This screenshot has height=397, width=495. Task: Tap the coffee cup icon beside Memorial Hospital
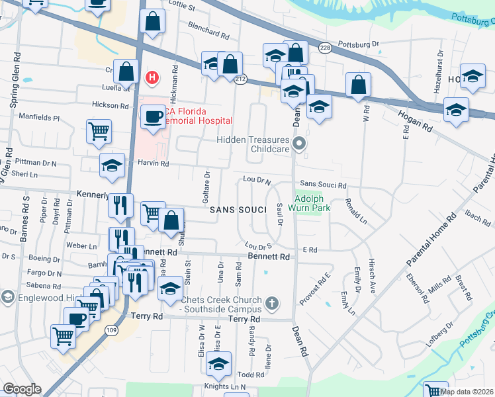[x=154, y=116]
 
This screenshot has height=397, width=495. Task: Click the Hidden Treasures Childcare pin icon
[x=300, y=143]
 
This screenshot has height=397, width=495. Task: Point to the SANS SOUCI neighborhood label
[x=238, y=210]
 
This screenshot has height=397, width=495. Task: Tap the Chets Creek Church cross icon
[x=271, y=304]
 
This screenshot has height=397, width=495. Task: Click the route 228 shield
[x=324, y=48]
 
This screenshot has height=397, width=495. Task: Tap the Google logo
[x=22, y=389]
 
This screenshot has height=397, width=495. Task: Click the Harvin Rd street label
[x=154, y=163]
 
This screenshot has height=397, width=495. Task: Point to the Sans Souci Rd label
[x=323, y=185]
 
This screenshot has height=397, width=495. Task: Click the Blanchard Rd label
[x=208, y=30]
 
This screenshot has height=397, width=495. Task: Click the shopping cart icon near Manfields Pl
[x=99, y=130]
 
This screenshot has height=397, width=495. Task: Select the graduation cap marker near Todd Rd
[x=218, y=363]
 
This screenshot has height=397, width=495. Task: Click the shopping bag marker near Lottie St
[x=153, y=21]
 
